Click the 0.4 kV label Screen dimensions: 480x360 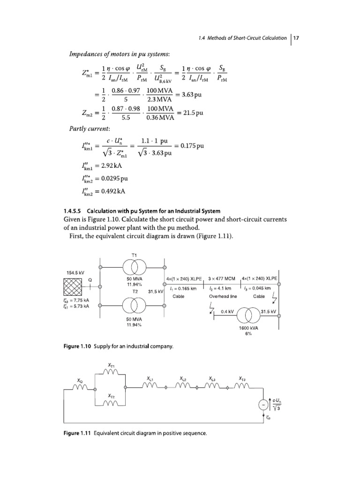point(227,310)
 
